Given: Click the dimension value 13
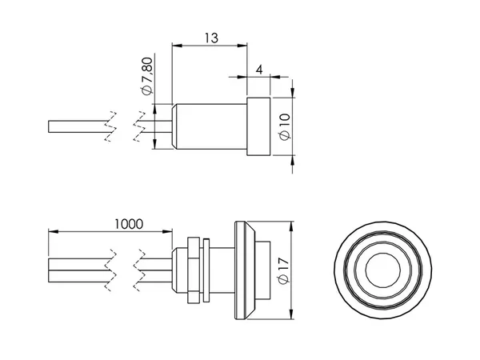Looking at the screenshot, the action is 211,38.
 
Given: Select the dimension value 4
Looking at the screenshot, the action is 259,70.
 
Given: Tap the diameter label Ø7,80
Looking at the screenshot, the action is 147,76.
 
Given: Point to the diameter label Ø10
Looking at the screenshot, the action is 285,126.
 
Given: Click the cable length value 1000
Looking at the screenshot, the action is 129,224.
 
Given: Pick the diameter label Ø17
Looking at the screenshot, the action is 285,270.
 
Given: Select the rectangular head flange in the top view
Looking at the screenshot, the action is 258,126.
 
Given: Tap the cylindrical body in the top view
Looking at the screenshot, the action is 210,126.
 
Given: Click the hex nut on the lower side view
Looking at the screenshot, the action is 194,270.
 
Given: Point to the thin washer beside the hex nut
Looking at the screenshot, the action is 206,270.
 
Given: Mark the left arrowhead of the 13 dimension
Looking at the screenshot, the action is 177,46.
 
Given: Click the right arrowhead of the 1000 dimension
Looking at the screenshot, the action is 167,231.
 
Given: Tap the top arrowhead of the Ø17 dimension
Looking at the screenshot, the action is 291,226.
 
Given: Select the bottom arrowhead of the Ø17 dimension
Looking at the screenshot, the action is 291,314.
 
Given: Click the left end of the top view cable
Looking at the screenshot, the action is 48,126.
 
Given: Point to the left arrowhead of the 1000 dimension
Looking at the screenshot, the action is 54,231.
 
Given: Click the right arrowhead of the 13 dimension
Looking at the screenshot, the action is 242,46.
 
